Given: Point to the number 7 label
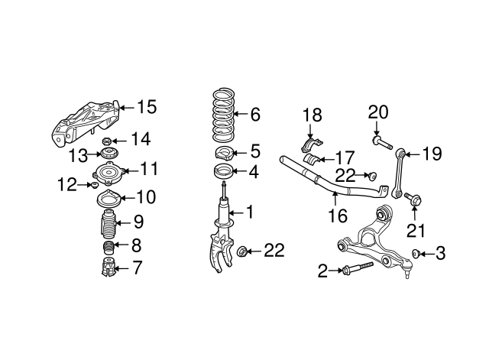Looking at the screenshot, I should pos(138,268).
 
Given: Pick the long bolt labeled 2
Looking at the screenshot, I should pos(355,268).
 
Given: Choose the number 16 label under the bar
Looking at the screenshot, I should pos(333,218).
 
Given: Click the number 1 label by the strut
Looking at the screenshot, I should pos(249,211).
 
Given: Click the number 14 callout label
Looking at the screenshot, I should pos(141,139).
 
